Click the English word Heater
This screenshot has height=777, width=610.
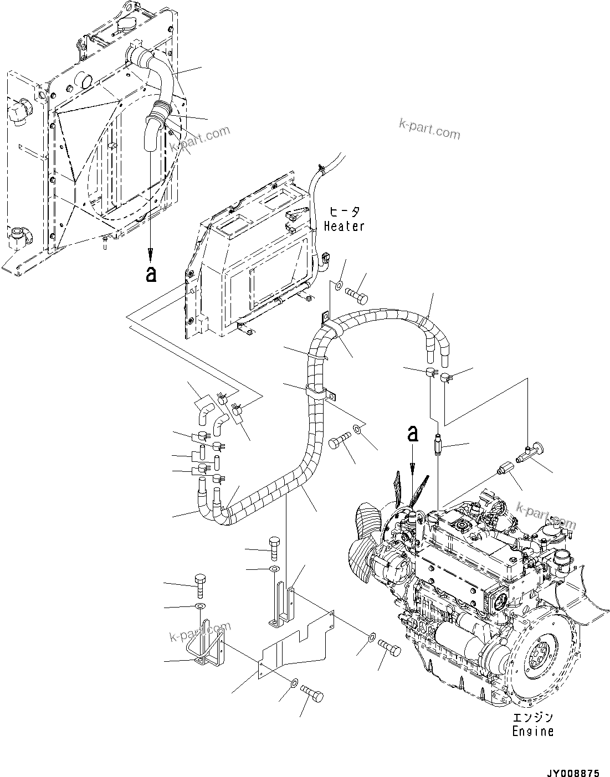click(344, 226)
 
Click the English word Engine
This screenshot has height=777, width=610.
click(532, 732)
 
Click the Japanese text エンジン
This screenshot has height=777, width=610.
click(532, 718)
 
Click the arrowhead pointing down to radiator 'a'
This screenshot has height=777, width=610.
click(150, 255)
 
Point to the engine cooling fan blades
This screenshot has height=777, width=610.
click(413, 487)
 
